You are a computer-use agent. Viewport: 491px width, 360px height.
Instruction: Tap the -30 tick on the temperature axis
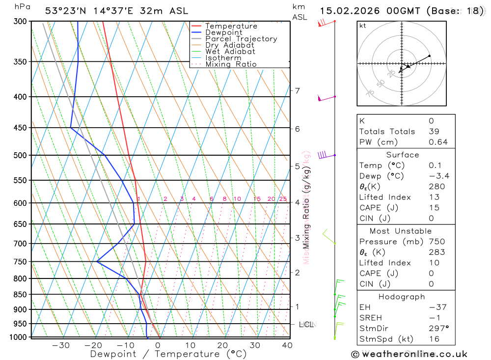click(61, 345)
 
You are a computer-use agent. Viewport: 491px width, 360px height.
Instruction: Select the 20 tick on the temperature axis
click(222, 345)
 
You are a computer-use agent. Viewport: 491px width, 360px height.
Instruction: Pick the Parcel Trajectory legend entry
click(241, 39)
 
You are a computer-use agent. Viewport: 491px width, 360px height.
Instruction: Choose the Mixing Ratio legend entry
click(230, 64)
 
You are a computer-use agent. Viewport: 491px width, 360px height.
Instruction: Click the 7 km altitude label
click(297, 90)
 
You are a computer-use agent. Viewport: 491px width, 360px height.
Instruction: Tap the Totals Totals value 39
click(434, 132)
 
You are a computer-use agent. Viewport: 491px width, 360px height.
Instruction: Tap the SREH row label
click(371, 318)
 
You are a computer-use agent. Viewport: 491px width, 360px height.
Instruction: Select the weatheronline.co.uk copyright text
click(409, 354)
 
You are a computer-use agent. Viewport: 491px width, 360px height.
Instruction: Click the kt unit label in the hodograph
click(362, 26)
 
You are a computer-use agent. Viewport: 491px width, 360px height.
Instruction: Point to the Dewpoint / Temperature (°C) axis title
click(168, 354)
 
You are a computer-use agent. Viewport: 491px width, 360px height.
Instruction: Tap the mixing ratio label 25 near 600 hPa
click(283, 199)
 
